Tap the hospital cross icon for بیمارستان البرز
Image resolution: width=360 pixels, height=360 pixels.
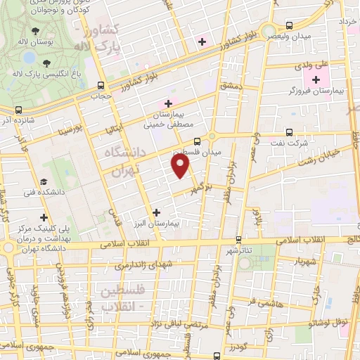pyautogui.click(x=156, y=211)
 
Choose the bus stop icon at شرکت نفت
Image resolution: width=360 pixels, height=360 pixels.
pyautogui.click(x=290, y=131)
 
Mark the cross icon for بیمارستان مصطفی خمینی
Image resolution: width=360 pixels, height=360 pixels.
pyautogui.click(x=169, y=104)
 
